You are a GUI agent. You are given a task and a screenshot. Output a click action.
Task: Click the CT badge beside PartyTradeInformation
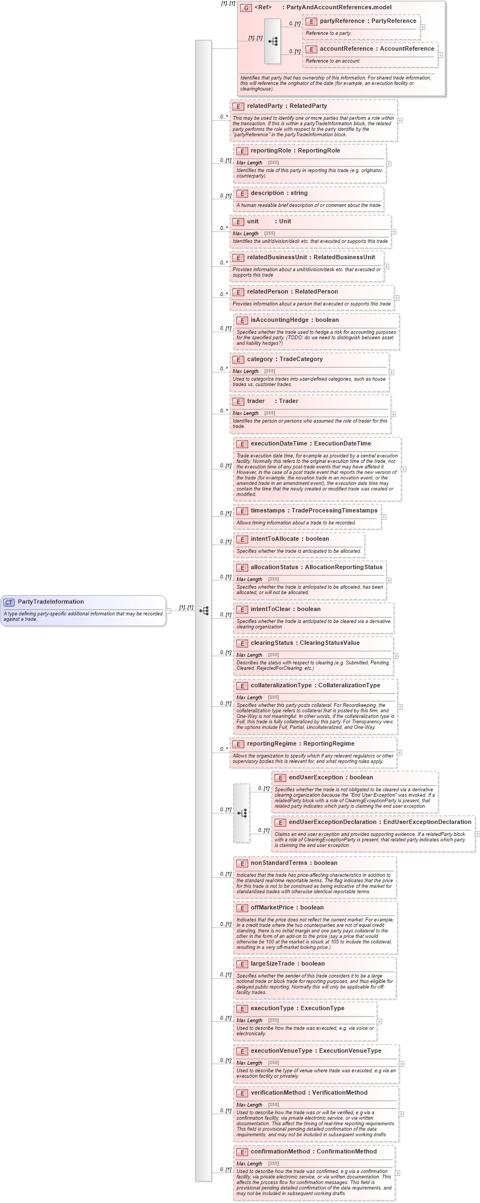click(9, 602)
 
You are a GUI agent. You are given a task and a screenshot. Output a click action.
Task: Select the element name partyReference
click(335, 21)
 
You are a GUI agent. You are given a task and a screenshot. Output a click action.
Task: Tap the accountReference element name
click(346, 49)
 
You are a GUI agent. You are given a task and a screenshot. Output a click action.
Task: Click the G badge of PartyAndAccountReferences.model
click(246, 8)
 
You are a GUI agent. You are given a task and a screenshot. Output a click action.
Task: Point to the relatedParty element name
click(264, 106)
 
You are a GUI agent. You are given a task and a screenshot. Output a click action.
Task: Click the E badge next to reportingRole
click(242, 151)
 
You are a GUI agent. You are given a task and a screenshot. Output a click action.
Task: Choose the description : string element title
click(279, 193)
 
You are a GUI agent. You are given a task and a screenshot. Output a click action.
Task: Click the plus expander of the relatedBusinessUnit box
click(386, 266)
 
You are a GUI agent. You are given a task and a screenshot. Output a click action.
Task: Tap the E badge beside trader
click(238, 401)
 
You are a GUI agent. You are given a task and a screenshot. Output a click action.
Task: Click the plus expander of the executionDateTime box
click(403, 469)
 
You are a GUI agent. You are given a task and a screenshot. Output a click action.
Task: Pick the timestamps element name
click(267, 511)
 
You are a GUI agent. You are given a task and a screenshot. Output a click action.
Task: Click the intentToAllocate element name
click(274, 539)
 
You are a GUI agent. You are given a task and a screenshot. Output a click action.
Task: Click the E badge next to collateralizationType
click(242, 686)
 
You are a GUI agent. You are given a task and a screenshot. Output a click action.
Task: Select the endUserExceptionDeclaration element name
click(333, 822)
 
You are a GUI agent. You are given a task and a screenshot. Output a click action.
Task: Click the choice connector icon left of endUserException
click(242, 813)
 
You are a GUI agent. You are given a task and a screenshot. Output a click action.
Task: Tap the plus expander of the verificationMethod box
click(401, 1114)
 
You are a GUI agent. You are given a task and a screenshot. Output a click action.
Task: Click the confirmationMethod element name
click(280, 1152)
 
